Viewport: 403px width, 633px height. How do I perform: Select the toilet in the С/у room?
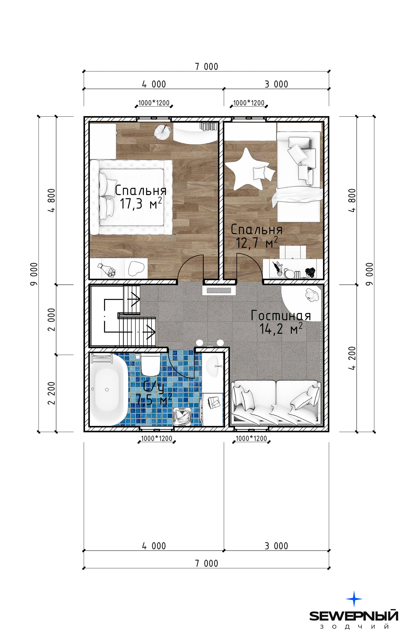150,364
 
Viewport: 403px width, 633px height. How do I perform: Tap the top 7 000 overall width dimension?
207,66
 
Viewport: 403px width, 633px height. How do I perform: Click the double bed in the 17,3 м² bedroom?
131,197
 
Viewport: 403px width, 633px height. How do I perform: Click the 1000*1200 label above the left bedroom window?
154,103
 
